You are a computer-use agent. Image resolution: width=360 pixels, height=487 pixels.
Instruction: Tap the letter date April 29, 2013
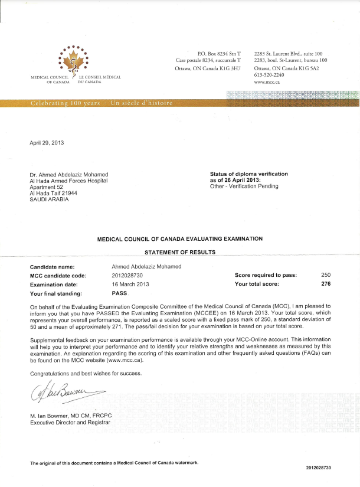(x=47, y=143)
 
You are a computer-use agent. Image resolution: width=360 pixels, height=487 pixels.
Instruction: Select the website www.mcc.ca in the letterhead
(x=267, y=83)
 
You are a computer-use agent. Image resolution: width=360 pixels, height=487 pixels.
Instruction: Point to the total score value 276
(x=326, y=284)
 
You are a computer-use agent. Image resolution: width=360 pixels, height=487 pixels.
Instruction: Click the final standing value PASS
(x=119, y=293)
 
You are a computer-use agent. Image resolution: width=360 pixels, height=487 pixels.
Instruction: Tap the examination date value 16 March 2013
(x=130, y=284)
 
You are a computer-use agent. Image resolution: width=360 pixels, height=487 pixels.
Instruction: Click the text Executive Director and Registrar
(x=70, y=423)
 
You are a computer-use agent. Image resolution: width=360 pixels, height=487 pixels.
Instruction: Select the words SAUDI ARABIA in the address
(x=49, y=199)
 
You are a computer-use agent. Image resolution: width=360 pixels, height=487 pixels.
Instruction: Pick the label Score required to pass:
(x=266, y=275)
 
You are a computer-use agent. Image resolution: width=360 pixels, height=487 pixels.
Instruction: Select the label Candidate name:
(x=53, y=267)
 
